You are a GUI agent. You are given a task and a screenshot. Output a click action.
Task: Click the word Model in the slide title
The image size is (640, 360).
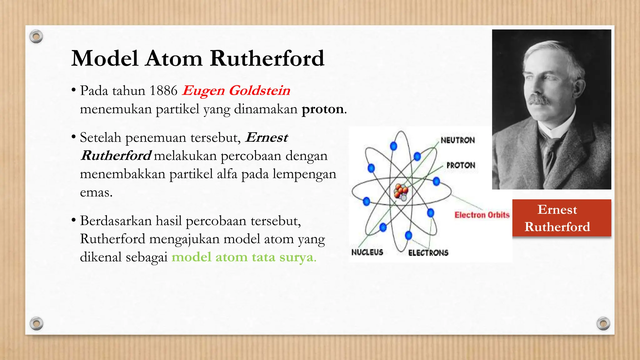[105, 58]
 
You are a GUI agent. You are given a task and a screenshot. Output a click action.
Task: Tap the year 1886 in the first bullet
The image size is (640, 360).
[163, 91]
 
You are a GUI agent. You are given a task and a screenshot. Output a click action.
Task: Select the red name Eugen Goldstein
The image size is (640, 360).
[236, 91]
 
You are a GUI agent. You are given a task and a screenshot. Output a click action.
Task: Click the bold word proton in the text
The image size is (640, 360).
[322, 109]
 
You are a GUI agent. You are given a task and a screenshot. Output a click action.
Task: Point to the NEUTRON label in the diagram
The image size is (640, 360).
[457, 140]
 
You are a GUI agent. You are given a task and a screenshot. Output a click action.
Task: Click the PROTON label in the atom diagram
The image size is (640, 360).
[461, 165]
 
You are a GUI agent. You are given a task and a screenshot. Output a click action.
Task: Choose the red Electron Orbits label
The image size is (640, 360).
[482, 215]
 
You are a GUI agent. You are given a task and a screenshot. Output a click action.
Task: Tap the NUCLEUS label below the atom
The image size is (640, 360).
[367, 252]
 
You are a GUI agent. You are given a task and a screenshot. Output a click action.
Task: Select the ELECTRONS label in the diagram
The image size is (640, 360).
[428, 253]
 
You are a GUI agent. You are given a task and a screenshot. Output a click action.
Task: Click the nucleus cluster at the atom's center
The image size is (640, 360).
[401, 192]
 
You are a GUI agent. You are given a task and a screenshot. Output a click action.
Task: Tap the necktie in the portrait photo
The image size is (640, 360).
[551, 153]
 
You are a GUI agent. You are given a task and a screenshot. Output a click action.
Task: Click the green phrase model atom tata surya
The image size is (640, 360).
[244, 257]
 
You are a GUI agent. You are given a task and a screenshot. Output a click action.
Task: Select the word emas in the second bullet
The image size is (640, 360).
[96, 192]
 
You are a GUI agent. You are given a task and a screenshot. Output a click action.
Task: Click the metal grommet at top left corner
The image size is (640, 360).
[36, 37]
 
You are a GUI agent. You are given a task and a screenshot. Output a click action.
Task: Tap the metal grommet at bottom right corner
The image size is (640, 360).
[603, 323]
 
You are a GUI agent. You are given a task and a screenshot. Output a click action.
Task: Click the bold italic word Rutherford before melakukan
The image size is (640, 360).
[116, 156]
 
